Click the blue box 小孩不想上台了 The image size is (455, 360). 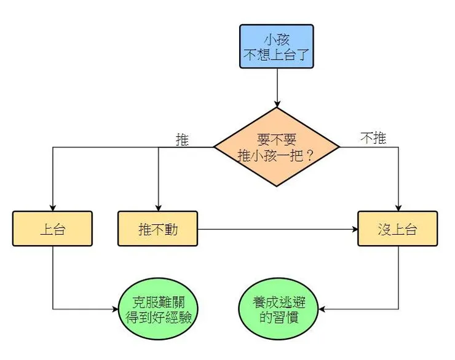277,46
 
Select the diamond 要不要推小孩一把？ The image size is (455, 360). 277,147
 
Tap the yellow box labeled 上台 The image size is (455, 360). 52,229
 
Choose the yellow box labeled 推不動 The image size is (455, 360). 158,229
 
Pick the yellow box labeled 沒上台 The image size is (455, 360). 398,229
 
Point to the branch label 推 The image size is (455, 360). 182,139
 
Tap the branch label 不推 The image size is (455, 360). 373,138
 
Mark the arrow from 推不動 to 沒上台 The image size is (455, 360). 277,230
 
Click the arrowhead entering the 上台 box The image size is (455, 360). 52,207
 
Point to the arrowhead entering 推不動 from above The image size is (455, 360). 158,207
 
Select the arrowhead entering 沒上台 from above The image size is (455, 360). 398,207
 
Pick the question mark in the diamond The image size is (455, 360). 309,155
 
